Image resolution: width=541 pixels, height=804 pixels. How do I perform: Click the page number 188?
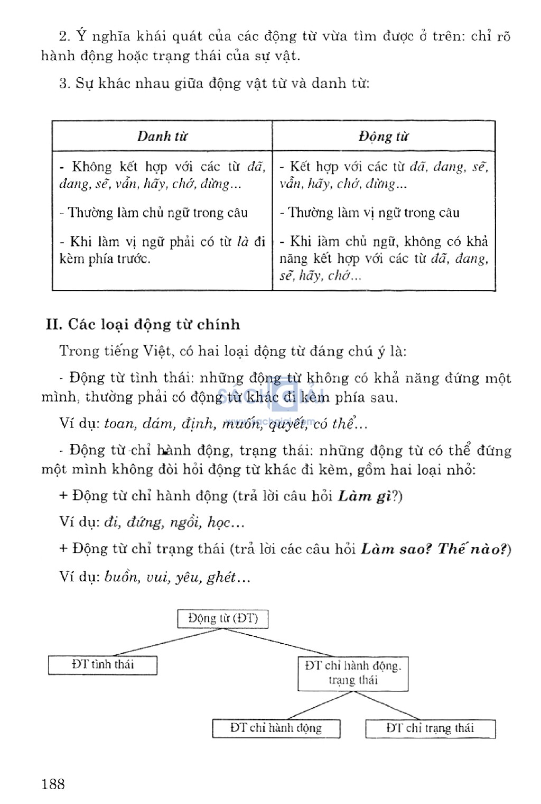(53, 784)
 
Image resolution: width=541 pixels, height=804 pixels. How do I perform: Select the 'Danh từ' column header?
(162, 136)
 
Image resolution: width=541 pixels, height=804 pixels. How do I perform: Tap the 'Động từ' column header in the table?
(384, 136)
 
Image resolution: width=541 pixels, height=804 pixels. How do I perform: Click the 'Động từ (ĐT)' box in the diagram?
(222, 618)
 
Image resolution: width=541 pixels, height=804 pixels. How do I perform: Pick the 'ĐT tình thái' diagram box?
(102, 665)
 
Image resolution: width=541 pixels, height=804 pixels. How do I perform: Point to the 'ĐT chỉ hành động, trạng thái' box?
(353, 673)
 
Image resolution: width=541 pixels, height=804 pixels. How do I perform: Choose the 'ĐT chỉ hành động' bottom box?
(276, 728)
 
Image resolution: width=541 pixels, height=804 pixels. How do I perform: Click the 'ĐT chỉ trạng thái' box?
(430, 728)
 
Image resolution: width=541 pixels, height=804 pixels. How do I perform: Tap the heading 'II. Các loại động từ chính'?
(143, 324)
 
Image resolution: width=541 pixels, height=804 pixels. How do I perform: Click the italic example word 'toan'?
(120, 424)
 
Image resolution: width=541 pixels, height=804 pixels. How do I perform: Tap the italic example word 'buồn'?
(122, 577)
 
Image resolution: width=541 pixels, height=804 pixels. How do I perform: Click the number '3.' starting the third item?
(64, 84)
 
